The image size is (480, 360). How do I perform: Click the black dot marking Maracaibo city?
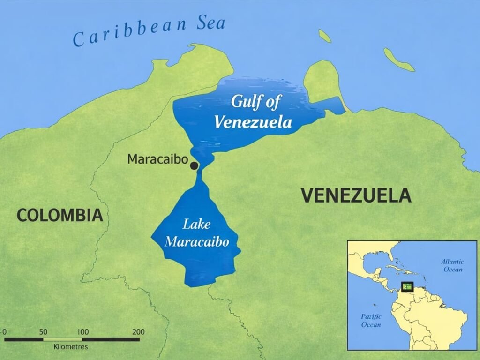(194, 165)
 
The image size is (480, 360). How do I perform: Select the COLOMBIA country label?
(60, 215)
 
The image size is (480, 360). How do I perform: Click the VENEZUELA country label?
(356, 195)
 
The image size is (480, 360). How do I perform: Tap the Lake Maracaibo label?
(197, 233)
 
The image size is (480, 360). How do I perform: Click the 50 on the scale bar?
(44, 332)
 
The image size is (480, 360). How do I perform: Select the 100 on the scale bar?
(82, 332)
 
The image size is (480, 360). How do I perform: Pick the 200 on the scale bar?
(138, 332)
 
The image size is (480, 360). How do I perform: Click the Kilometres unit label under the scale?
(68, 347)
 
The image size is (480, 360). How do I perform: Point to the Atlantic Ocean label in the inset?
(452, 265)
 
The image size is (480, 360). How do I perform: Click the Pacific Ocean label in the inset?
(371, 321)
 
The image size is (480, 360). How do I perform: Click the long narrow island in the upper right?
(399, 60)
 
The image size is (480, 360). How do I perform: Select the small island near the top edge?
(324, 36)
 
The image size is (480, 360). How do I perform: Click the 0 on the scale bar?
(4, 332)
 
